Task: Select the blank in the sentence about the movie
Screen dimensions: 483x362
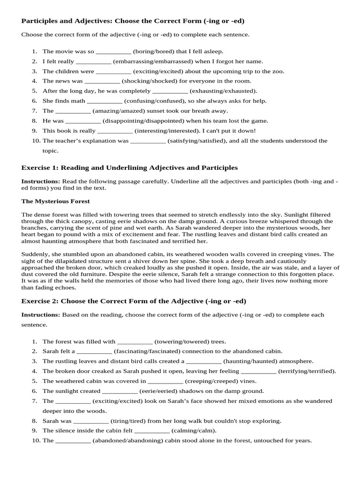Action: click(x=114, y=51)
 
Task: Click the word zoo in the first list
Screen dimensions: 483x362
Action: click(x=279, y=71)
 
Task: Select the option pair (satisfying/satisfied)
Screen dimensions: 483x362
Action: click(x=200, y=141)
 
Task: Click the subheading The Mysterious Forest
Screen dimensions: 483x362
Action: click(x=56, y=201)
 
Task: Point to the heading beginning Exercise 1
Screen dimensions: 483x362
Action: click(x=130, y=168)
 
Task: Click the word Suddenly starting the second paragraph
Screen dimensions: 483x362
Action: click(x=34, y=254)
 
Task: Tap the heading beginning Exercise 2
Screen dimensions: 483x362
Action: click(x=134, y=301)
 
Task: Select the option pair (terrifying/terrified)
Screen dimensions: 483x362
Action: click(x=307, y=371)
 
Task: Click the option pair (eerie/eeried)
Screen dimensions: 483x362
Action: click(x=161, y=391)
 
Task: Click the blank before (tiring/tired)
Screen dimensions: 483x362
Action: click(x=91, y=421)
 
